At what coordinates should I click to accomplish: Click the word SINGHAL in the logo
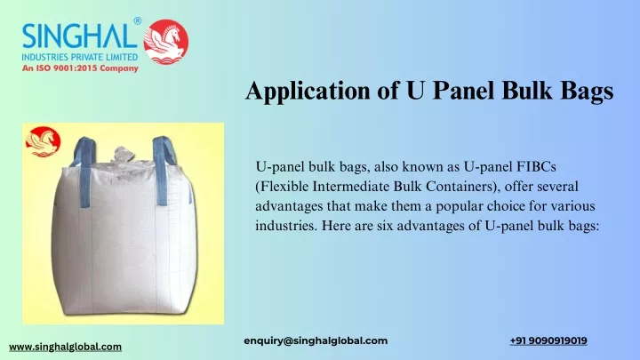coord(80,36)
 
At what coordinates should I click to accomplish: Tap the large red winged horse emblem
coord(166,42)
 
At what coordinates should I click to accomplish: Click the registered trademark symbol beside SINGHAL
coord(138,20)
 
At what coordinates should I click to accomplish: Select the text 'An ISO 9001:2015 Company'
coord(80,68)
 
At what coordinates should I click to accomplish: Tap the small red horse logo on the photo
coord(43,141)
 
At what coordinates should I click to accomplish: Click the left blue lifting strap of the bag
coord(84,170)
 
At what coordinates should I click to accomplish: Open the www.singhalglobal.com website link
coord(65,347)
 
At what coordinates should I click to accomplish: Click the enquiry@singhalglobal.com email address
coord(316,340)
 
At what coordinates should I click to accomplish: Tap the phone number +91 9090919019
coord(548,340)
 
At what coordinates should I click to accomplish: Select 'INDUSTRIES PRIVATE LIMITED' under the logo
coord(80,57)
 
